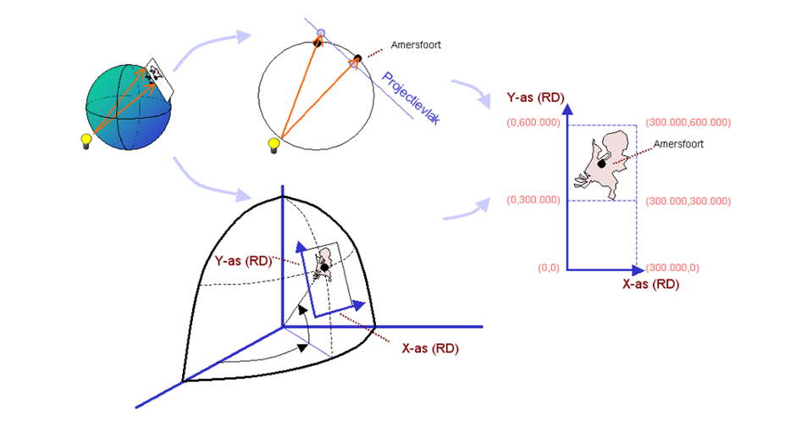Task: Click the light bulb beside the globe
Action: click(85, 141)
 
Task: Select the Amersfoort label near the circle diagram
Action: click(415, 44)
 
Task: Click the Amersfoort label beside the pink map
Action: click(679, 144)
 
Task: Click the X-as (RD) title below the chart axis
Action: click(650, 285)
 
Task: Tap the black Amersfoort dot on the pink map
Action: click(602, 163)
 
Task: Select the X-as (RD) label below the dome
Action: click(429, 347)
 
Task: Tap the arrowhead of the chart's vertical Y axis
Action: click(568, 108)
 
